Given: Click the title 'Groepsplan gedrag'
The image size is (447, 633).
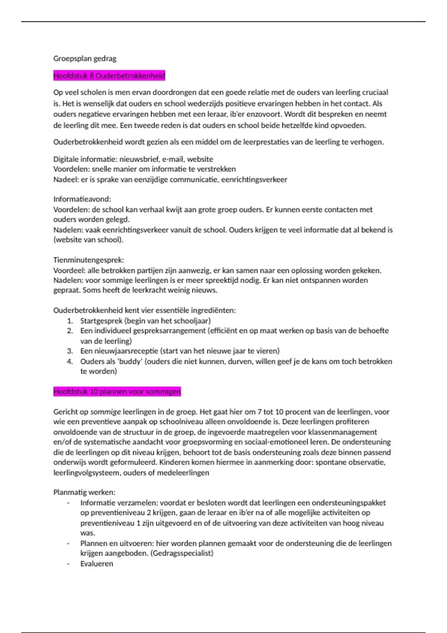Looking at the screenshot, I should click(85, 58).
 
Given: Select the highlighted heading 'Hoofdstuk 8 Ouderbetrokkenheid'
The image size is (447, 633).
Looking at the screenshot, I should click(109, 76).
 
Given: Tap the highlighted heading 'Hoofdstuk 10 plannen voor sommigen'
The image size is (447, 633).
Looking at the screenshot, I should click(117, 392).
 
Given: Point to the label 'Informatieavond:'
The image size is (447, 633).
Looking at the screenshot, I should click(82, 199).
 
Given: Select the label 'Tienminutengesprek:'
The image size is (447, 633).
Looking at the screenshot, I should click(88, 260).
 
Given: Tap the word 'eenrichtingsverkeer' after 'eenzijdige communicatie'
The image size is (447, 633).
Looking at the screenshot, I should click(254, 179).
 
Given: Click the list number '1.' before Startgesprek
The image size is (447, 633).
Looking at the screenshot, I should click(70, 321).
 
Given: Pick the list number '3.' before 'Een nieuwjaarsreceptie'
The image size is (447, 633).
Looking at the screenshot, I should click(70, 351).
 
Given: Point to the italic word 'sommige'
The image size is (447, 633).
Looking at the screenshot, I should click(105, 412).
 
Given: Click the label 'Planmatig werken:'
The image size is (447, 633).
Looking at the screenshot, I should click(84, 492).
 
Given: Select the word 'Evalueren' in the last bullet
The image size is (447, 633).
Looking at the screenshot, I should click(96, 564).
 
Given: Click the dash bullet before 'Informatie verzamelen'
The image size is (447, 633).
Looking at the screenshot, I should click(68, 503).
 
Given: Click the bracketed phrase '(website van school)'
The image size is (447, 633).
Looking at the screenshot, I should click(88, 240).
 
